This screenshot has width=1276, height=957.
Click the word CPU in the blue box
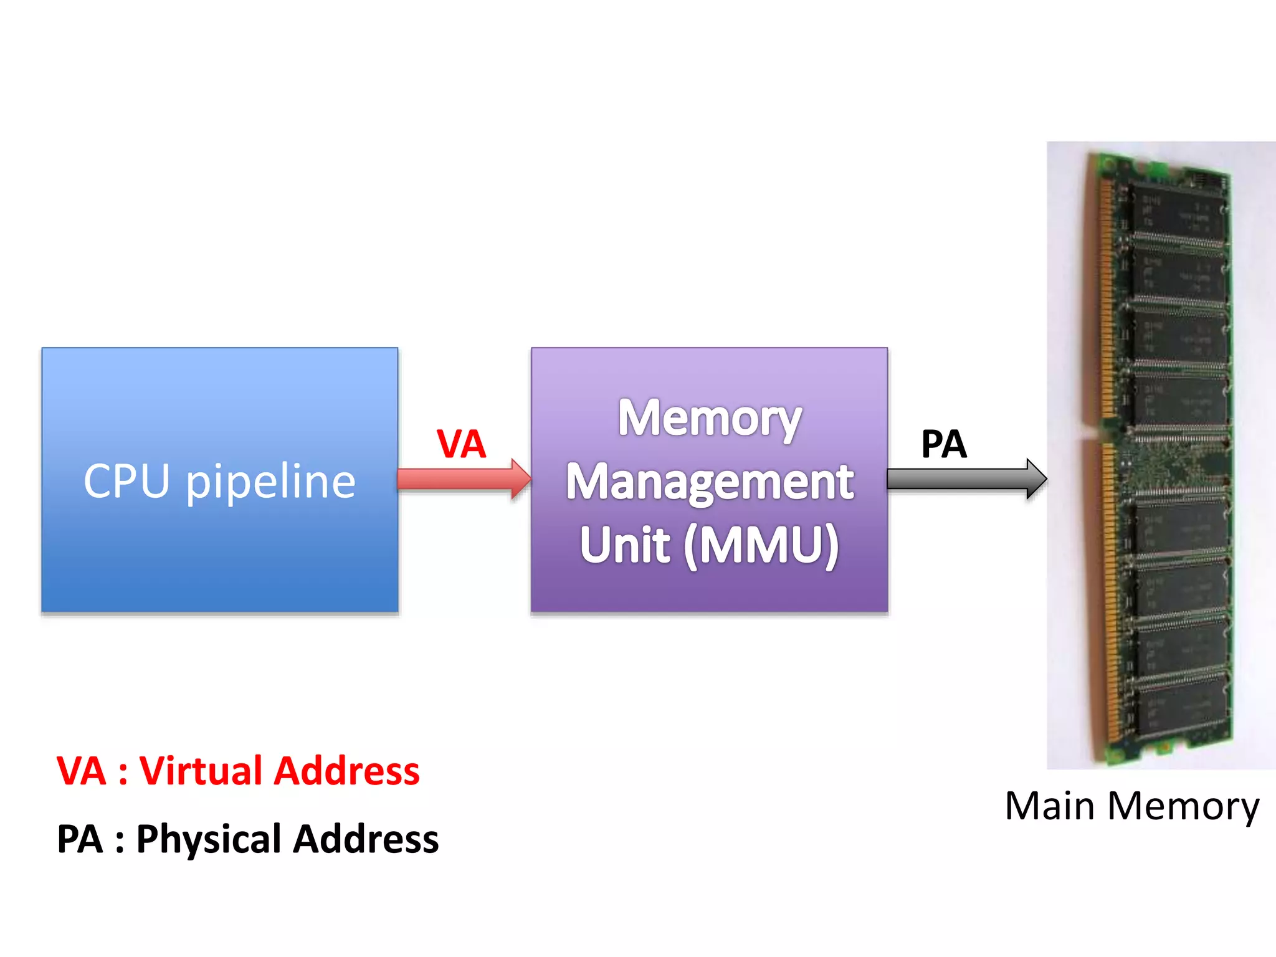point(126,481)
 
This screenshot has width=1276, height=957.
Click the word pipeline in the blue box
point(270,483)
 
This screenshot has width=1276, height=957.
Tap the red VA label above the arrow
point(461,444)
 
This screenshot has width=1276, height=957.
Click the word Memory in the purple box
point(709,419)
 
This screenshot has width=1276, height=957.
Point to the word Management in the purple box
point(709,483)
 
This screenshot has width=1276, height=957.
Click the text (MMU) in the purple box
point(761,546)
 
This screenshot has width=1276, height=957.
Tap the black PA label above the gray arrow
point(944,444)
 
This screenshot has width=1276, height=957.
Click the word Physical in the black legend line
point(209,839)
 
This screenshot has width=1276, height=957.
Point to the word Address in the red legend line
point(347,771)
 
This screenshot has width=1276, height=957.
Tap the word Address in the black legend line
point(366,839)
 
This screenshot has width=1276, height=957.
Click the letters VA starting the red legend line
point(81,771)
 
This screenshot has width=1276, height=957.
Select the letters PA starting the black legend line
point(79,839)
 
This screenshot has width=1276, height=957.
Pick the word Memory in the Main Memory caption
point(1184,807)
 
